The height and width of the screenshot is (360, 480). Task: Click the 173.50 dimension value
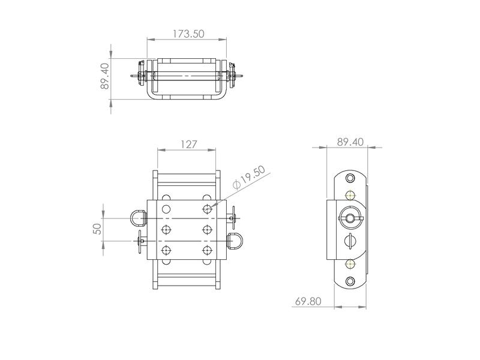tap(187, 34)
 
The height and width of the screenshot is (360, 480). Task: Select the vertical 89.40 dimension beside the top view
tap(105, 76)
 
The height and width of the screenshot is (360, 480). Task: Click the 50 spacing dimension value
tap(97, 229)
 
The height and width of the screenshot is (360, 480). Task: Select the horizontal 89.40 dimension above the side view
tap(350, 142)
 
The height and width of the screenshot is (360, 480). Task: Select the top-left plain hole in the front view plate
tap(166, 209)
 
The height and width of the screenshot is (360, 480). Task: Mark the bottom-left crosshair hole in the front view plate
tap(166, 250)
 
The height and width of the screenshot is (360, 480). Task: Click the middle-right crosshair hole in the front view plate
tap(208, 229)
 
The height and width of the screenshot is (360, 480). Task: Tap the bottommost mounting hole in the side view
tap(350, 282)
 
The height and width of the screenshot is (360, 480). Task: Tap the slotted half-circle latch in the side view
tap(350, 241)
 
